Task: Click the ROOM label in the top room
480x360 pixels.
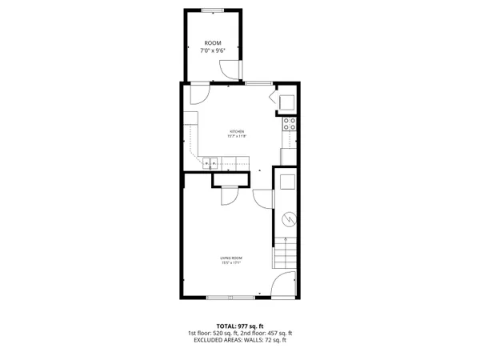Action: click(x=212, y=42)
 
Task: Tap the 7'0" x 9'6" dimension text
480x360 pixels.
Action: click(x=212, y=50)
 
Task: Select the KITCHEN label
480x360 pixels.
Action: click(x=237, y=131)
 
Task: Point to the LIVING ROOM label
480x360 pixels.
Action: click(x=232, y=257)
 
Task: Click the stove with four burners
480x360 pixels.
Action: click(x=290, y=124)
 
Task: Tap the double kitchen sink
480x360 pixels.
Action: click(x=210, y=163)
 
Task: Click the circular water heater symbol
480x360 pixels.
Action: click(x=289, y=218)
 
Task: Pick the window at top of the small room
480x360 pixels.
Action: click(x=212, y=10)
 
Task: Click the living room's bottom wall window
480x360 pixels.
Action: click(x=231, y=298)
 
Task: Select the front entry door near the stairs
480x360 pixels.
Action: click(x=282, y=284)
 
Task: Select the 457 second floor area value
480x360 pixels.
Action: click(x=272, y=334)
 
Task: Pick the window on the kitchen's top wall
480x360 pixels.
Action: click(x=256, y=82)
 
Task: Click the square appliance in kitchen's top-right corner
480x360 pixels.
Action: click(x=286, y=100)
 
